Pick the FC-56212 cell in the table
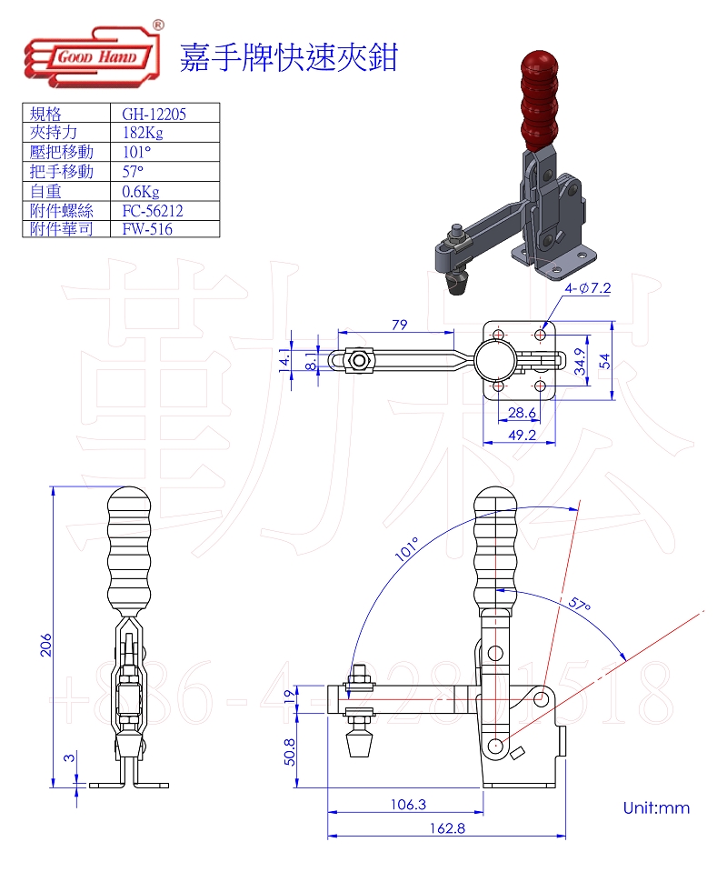pos(152,210)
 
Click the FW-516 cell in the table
pos(147,229)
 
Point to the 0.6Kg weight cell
pos(141,191)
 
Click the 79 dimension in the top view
pos(398,324)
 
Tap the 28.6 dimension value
pos(521,413)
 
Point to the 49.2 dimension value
pos(521,436)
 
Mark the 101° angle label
pos(407,551)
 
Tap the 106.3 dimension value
pos(406,804)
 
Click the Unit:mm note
pos(656,807)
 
